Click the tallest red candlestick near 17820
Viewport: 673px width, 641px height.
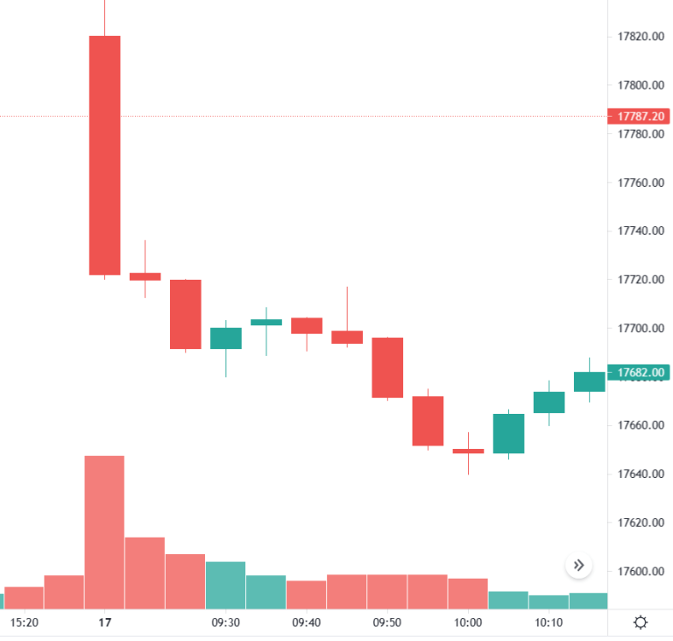(104, 155)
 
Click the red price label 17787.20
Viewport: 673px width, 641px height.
(639, 116)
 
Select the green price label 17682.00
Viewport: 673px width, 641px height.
(639, 373)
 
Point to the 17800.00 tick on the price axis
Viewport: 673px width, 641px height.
(639, 85)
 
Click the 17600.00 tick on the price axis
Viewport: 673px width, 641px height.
(639, 572)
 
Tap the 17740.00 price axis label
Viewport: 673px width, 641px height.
(639, 231)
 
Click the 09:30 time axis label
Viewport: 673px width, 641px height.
(226, 623)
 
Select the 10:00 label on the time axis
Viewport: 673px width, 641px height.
(468, 623)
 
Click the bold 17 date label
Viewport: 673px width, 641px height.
(105, 623)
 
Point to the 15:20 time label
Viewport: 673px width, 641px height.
(25, 623)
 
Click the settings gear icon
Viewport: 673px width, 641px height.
(641, 623)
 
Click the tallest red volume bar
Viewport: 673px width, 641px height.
(104, 532)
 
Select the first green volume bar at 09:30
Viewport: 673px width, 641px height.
(226, 585)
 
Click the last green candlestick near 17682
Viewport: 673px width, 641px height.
(589, 381)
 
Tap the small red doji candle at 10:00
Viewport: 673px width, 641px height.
(468, 451)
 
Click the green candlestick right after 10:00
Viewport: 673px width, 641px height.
(508, 433)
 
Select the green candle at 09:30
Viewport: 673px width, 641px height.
(226, 338)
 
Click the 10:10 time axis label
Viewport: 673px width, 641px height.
(549, 623)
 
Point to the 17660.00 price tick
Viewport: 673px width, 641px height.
(639, 425)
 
